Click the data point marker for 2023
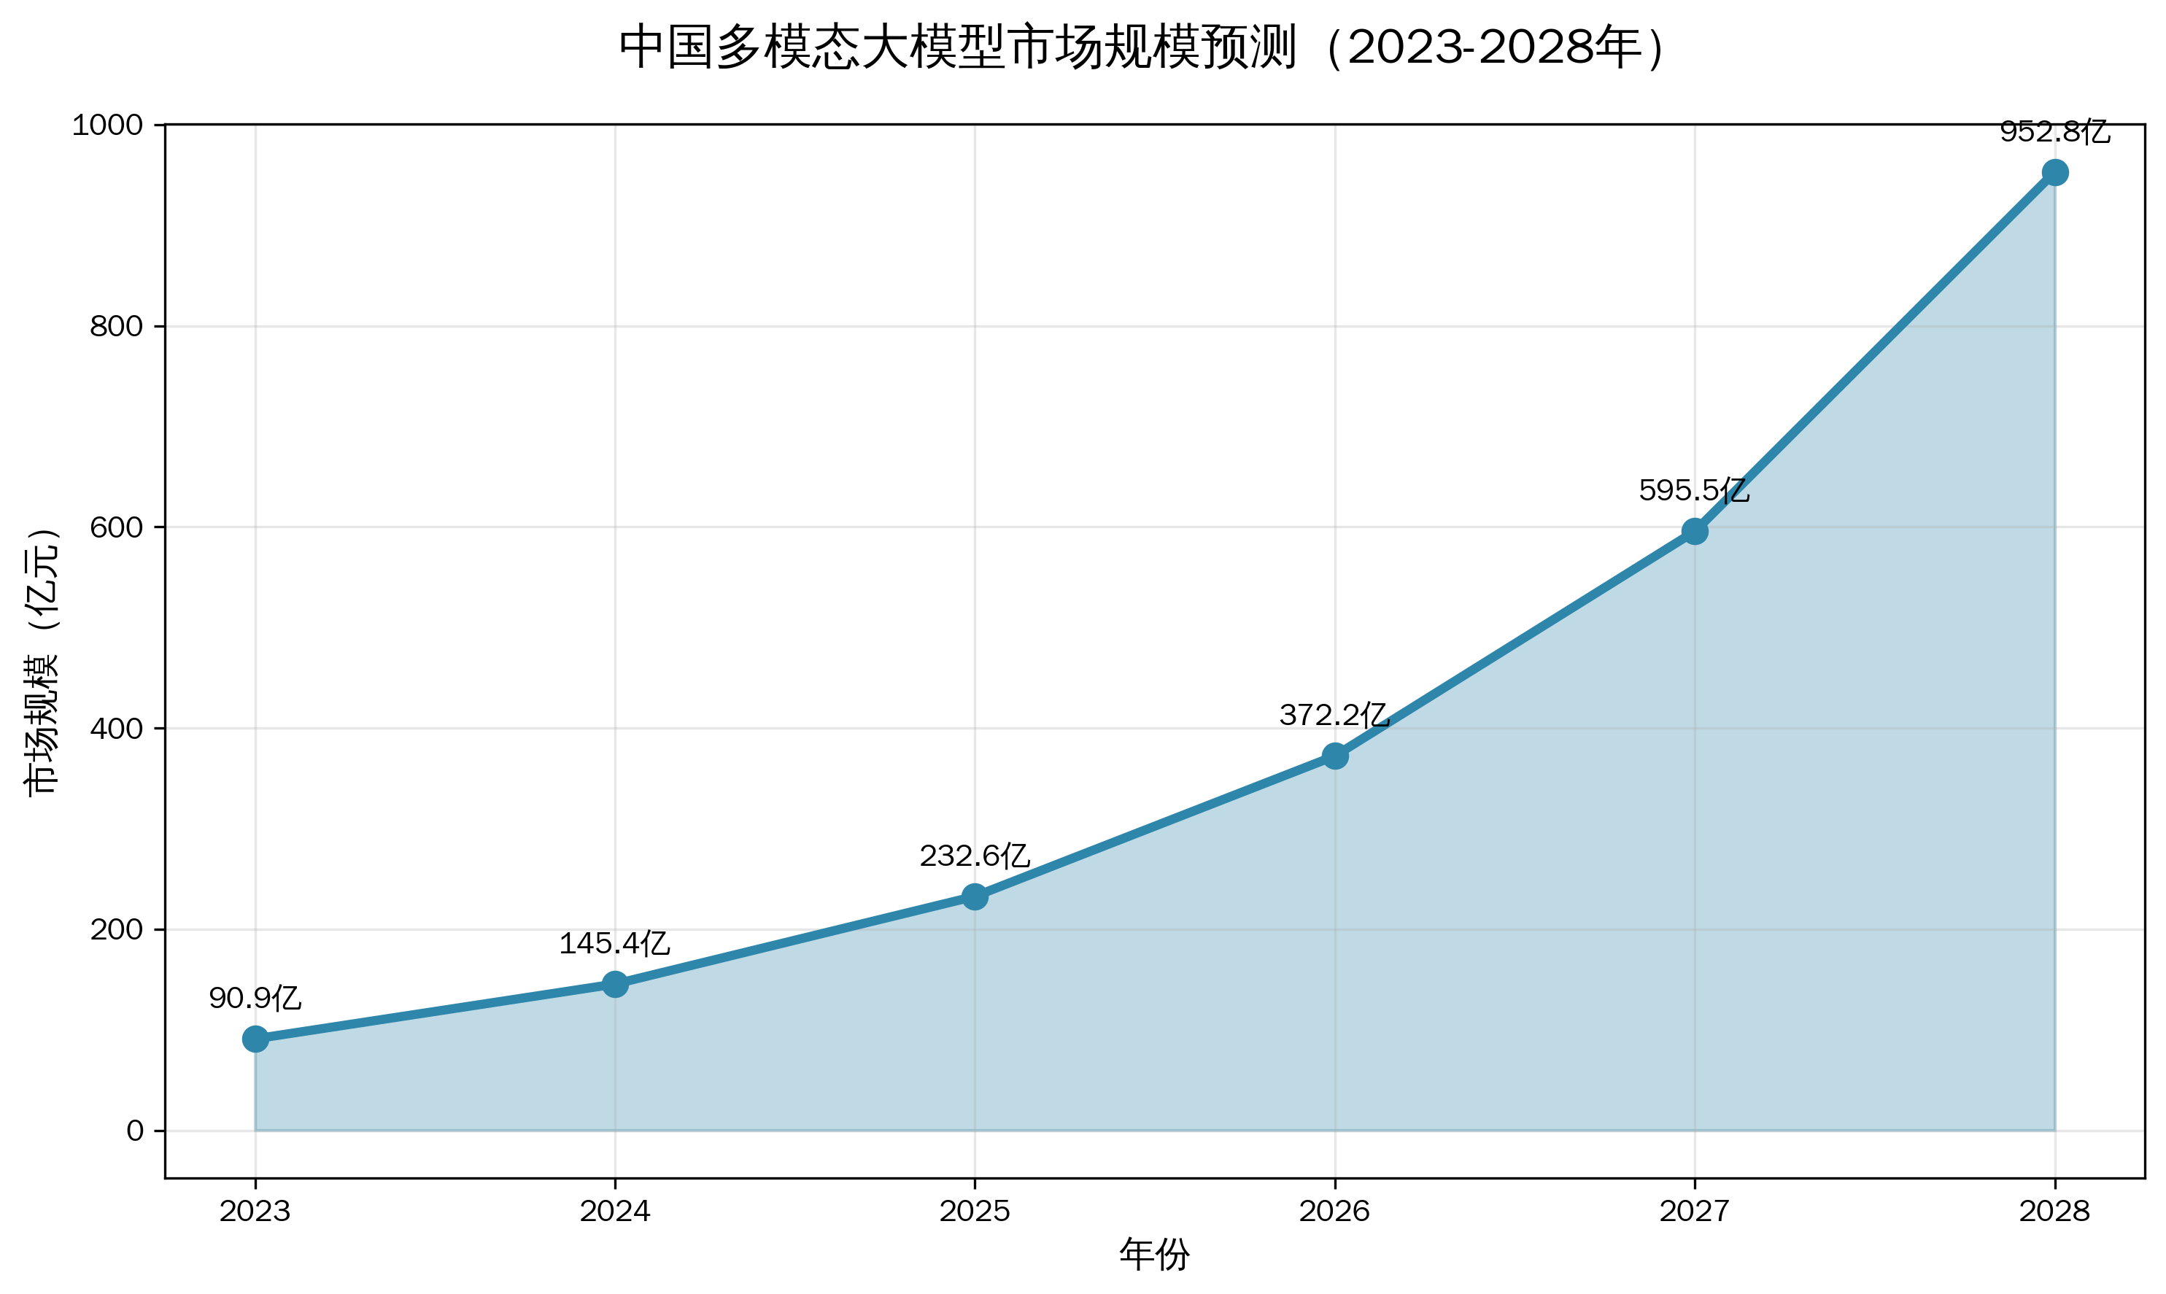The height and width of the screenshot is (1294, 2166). (x=255, y=1039)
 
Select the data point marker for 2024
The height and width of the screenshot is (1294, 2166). (x=615, y=985)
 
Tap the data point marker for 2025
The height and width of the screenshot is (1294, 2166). (x=975, y=896)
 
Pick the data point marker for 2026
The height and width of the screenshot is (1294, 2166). (x=1335, y=756)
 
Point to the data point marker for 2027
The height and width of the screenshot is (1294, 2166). (x=1694, y=531)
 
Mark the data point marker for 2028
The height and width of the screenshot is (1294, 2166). (x=2054, y=173)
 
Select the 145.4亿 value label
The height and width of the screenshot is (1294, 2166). (x=615, y=943)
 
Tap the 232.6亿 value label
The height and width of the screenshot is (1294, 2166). (x=975, y=856)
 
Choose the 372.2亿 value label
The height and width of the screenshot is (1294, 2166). (x=1335, y=715)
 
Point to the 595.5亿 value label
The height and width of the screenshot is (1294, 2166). (x=1694, y=490)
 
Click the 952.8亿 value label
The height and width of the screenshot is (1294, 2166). (x=2054, y=132)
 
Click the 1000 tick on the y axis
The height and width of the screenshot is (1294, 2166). (x=107, y=125)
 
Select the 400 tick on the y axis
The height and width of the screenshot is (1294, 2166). (x=116, y=728)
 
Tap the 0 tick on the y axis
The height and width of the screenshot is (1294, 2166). (x=134, y=1131)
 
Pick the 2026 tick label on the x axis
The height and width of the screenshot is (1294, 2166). (x=1335, y=1211)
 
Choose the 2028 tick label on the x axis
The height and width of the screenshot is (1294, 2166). (x=2054, y=1211)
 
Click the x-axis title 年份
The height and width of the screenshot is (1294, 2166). (x=1155, y=1255)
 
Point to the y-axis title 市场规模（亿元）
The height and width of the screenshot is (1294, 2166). (x=42, y=661)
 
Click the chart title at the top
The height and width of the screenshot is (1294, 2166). (x=1142, y=47)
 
